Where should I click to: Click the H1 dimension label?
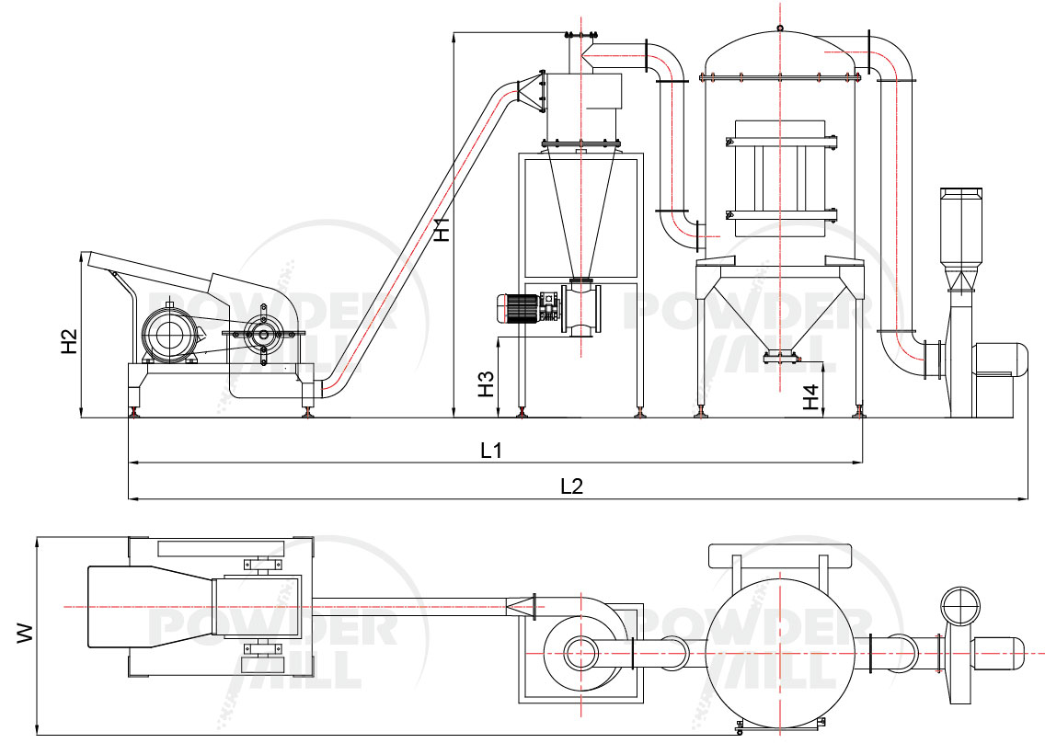(x=442, y=228)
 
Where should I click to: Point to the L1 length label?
(x=491, y=451)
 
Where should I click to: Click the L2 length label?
(x=571, y=486)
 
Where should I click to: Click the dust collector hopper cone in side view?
(x=780, y=308)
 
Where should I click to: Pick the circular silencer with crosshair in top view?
(x=959, y=607)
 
